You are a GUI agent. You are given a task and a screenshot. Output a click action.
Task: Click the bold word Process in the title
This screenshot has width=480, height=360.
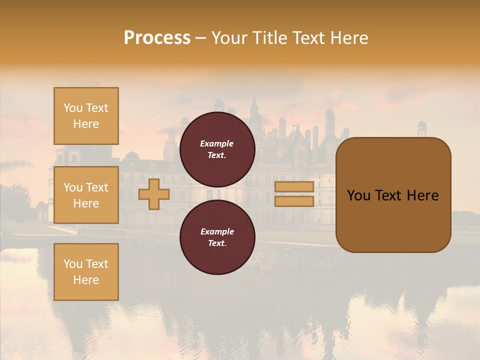pyautogui.click(x=157, y=38)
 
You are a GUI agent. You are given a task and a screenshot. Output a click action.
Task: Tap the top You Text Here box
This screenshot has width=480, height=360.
pyautogui.click(x=86, y=116)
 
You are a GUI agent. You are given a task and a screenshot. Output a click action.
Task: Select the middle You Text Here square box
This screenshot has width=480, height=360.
pyautogui.click(x=86, y=195)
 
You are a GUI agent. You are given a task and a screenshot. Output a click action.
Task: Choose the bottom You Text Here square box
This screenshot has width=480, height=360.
pyautogui.click(x=86, y=271)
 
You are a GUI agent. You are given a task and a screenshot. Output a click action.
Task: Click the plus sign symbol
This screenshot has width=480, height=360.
pyautogui.click(x=153, y=194)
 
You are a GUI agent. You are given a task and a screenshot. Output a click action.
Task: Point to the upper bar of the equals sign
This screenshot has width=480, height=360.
pyautogui.click(x=294, y=186)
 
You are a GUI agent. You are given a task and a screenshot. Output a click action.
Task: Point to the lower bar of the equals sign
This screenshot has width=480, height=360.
pyautogui.click(x=294, y=201)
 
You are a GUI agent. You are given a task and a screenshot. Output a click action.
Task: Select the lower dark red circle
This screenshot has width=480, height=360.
pyautogui.click(x=217, y=237)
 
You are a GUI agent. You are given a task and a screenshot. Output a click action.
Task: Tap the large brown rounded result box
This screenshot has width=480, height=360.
pyautogui.click(x=393, y=194)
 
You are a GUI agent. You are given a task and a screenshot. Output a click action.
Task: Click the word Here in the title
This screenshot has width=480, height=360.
pyautogui.click(x=349, y=38)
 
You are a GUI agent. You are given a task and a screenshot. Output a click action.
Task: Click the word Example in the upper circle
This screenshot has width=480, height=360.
pyautogui.click(x=217, y=143)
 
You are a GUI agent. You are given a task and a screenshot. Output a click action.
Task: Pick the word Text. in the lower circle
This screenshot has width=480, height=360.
pyautogui.click(x=217, y=243)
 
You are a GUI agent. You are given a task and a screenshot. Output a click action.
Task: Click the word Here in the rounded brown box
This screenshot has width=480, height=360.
pyautogui.click(x=422, y=195)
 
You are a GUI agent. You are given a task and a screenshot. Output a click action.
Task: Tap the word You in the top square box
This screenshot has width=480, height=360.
pyautogui.click(x=73, y=108)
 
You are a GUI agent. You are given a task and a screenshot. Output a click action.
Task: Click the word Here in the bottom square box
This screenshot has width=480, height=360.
pyautogui.click(x=86, y=280)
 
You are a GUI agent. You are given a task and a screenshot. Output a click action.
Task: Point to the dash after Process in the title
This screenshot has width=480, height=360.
pyautogui.click(x=201, y=38)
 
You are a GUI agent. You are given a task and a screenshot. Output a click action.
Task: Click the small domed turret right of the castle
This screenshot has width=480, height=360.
pyautogui.click(x=422, y=128)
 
